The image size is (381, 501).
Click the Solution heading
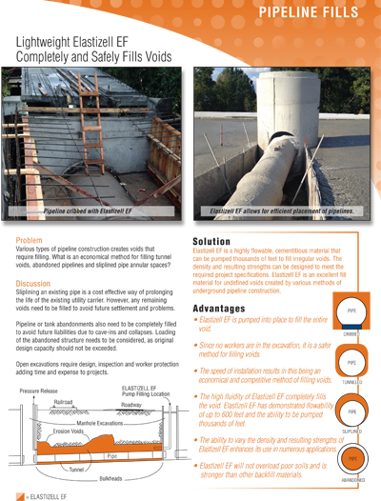[218, 242]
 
